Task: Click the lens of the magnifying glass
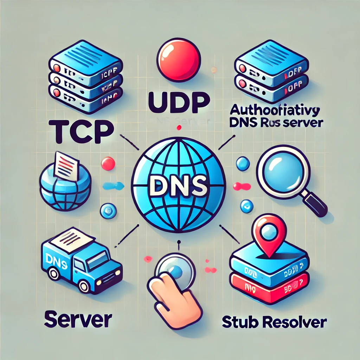click(282, 169)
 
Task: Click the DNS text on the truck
click(57, 261)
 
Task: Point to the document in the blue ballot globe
click(66, 165)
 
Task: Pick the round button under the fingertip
click(175, 270)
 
